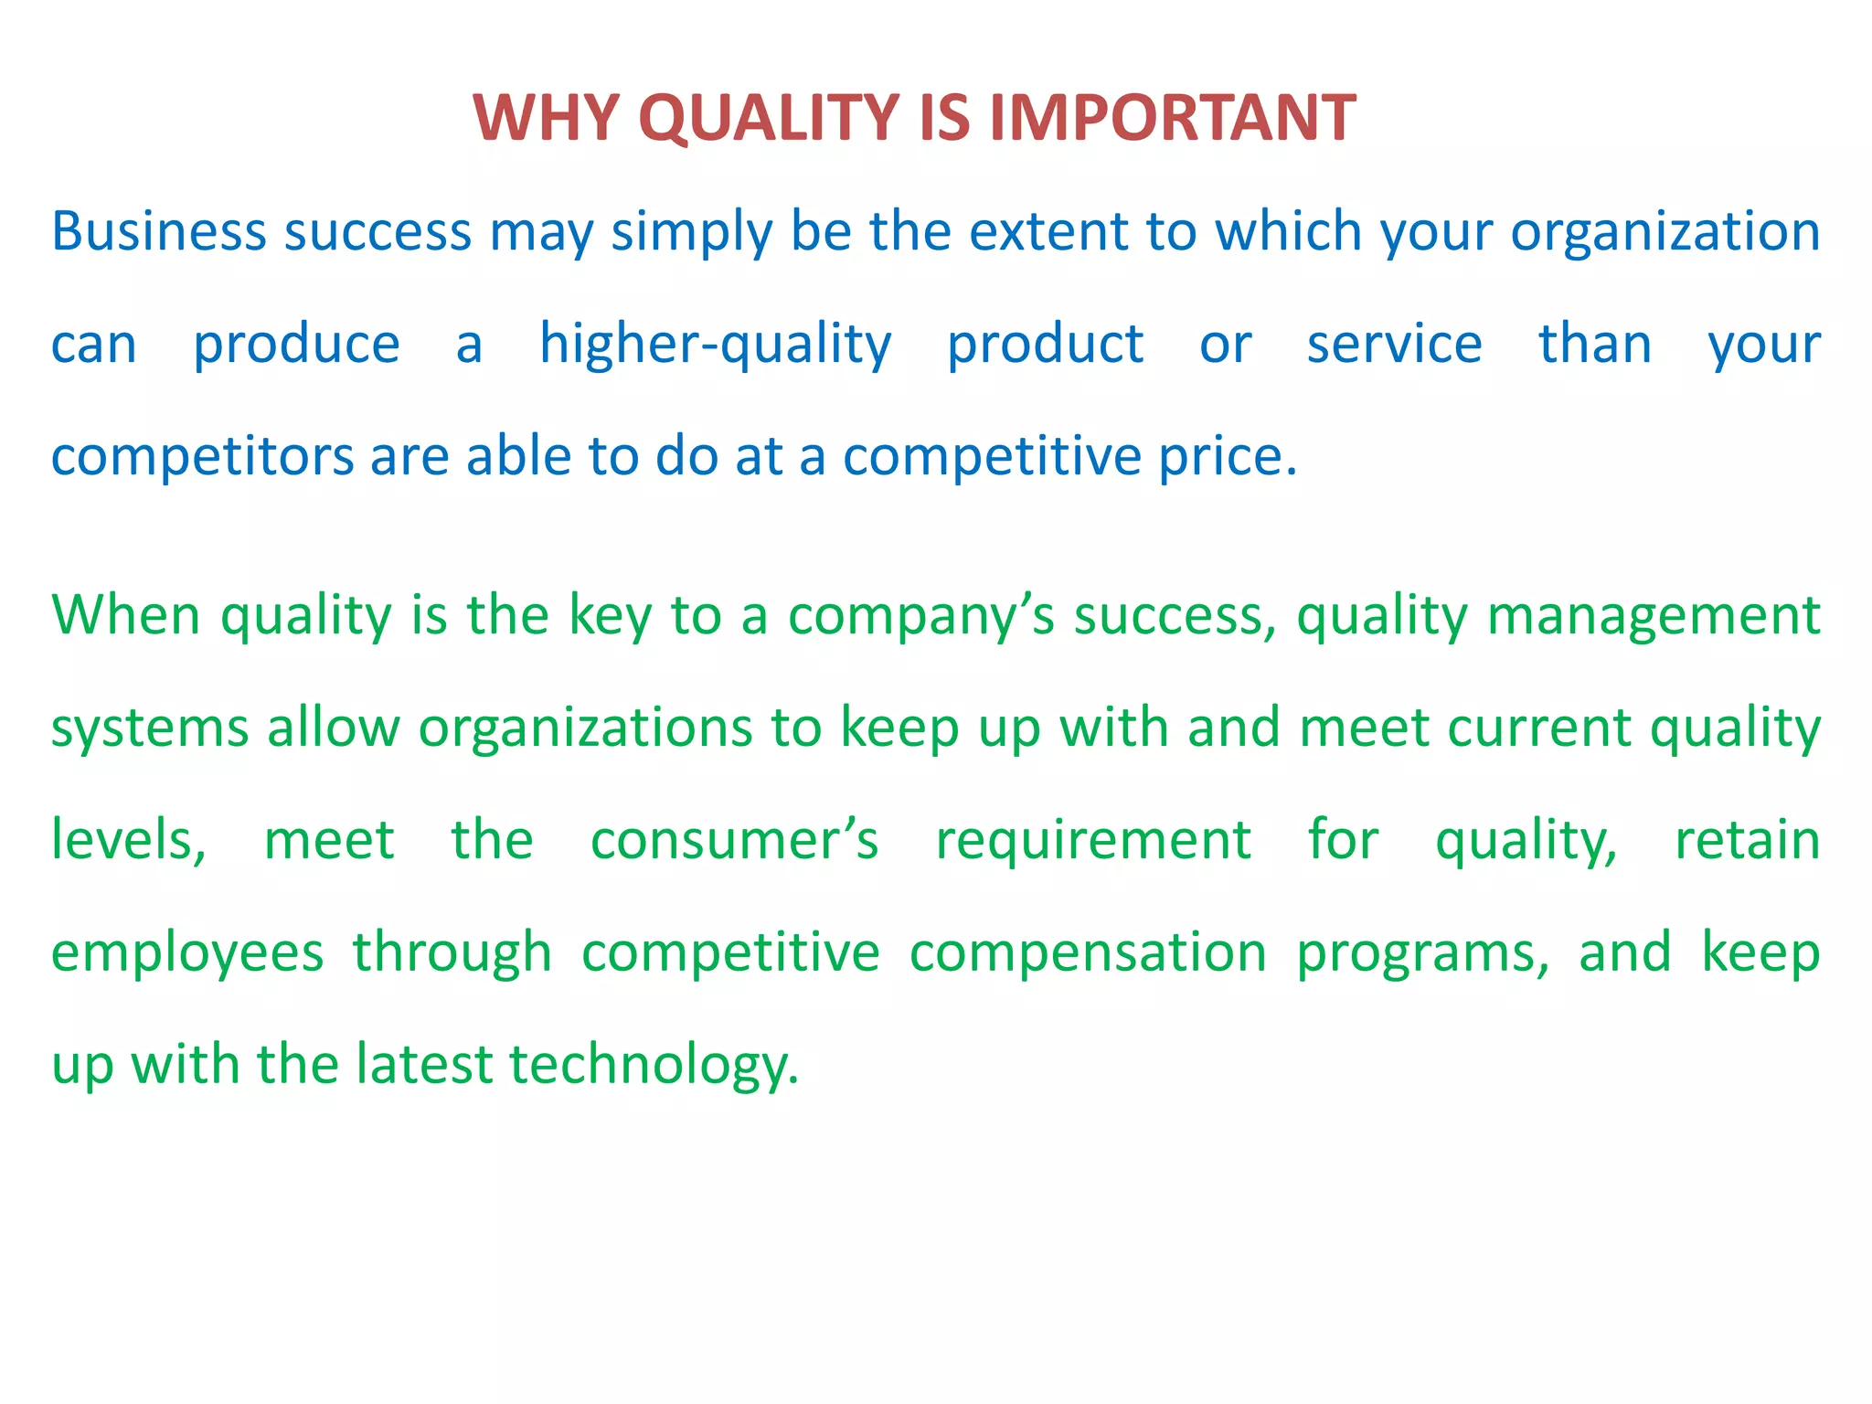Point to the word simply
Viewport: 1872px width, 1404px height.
[692, 233]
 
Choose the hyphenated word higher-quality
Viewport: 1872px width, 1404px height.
[715, 346]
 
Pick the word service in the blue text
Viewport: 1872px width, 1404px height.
[1394, 344]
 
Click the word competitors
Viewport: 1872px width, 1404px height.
[202, 456]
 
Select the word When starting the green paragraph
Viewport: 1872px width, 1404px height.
[125, 614]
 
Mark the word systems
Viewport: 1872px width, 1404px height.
[150, 729]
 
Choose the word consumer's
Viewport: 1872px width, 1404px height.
[734, 840]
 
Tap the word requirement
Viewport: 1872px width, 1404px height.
[1093, 840]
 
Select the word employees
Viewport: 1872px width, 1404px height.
[187, 953]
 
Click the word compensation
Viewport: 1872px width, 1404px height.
[1088, 953]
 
